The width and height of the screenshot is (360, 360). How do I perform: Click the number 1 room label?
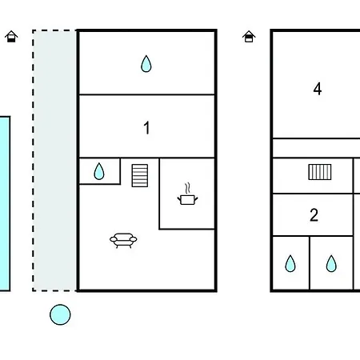(146, 127)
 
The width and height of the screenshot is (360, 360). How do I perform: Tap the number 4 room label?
(318, 89)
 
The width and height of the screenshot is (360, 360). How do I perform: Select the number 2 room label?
(314, 215)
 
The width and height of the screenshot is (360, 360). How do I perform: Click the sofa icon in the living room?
(123, 240)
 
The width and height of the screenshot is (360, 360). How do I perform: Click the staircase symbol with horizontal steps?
(140, 175)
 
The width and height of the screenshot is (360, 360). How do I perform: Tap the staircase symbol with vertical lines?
(320, 172)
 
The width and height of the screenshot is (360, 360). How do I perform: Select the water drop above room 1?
(146, 64)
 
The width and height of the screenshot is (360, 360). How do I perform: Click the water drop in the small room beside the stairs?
(99, 171)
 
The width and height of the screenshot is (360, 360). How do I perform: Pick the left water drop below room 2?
(290, 264)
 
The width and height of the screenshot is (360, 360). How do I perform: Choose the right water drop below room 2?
(331, 264)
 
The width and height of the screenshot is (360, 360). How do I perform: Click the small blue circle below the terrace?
(60, 314)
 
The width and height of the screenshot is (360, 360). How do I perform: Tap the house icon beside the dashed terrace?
(11, 37)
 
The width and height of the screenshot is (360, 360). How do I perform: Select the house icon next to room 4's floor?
(249, 37)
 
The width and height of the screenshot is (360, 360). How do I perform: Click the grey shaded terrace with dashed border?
(54, 161)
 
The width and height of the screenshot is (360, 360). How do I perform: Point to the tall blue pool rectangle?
(5, 203)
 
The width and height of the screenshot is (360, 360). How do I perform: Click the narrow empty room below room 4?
(316, 148)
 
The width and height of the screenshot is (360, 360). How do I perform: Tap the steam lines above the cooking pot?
(188, 188)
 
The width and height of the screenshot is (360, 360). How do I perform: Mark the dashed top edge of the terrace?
(54, 30)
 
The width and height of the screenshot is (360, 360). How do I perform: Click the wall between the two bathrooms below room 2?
(310, 263)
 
